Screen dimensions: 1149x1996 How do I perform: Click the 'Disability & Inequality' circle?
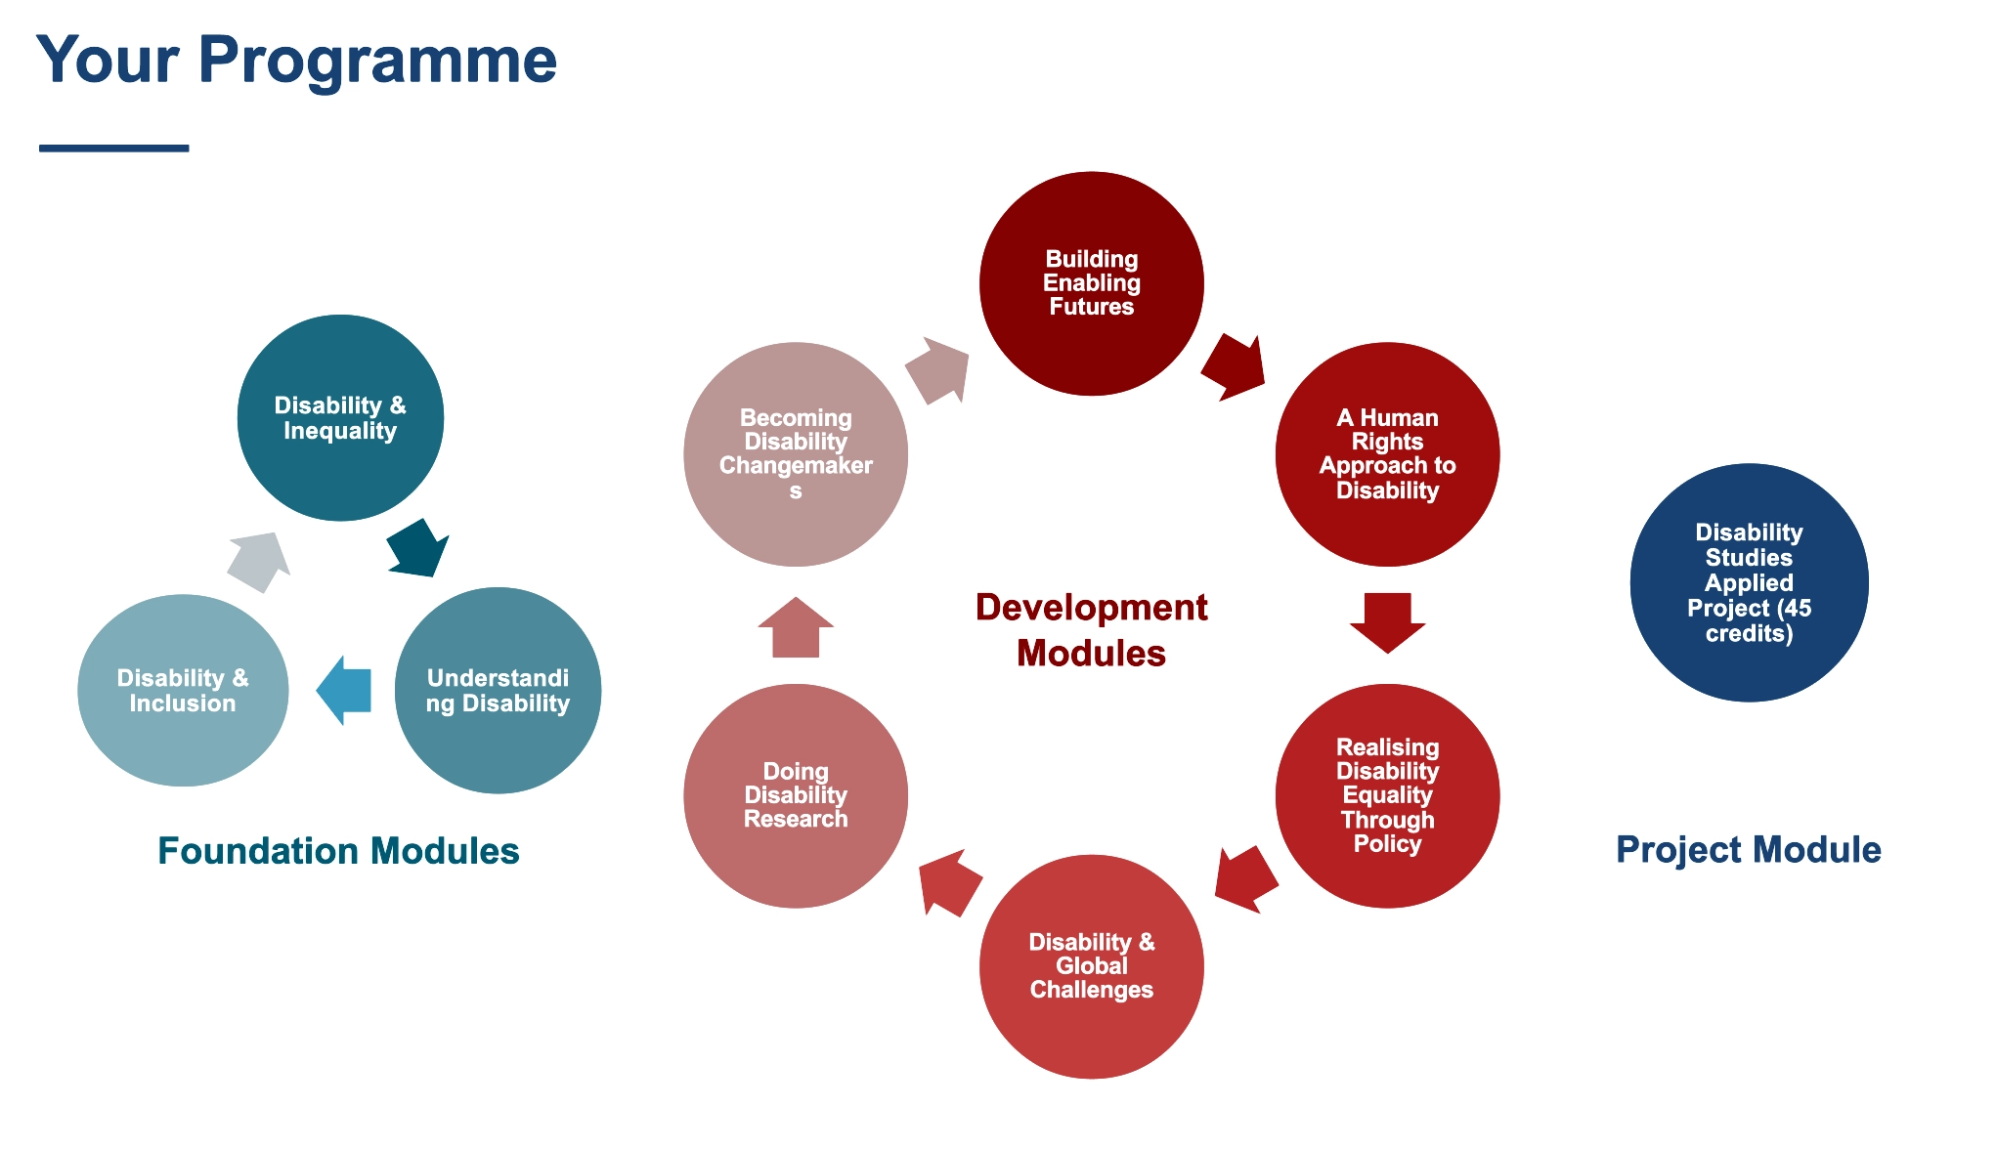[340, 418]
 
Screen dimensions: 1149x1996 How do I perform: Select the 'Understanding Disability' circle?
[498, 691]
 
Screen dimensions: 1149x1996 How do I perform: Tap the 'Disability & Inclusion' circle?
[183, 691]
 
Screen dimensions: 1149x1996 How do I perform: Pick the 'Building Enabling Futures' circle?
[1092, 283]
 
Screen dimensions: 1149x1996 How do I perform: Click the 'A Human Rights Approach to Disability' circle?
[1387, 454]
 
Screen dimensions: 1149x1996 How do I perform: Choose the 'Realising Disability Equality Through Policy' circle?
[1387, 795]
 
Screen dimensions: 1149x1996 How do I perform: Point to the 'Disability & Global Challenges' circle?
[1092, 966]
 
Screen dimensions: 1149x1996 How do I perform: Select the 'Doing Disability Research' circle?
[796, 795]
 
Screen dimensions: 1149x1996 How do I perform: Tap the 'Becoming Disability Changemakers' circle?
[796, 454]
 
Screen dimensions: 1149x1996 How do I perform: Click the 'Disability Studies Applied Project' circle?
[1749, 582]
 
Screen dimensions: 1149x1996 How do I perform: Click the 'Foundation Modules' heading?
[338, 851]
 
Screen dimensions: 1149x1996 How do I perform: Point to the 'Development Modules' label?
[1091, 630]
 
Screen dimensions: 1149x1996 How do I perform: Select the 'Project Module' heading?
[1748, 850]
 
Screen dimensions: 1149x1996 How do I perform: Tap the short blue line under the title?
[113, 149]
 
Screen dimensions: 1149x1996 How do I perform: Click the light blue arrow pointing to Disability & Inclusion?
[345, 690]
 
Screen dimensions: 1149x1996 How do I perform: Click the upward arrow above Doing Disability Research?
[796, 628]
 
